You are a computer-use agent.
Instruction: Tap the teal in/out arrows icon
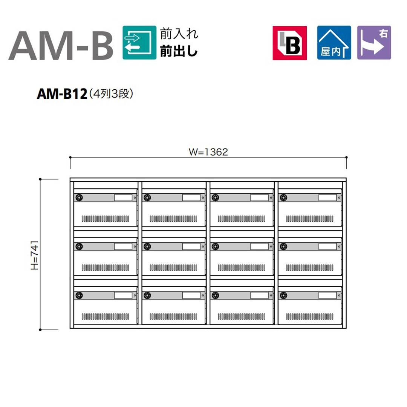tap(139, 43)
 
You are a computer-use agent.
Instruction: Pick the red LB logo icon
tap(290, 43)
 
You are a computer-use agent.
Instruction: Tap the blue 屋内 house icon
tap(334, 43)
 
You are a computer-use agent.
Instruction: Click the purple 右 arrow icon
tap(374, 43)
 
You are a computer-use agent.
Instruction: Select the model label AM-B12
tap(62, 94)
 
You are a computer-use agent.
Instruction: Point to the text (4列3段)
tap(111, 94)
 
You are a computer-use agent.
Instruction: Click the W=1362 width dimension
tap(208, 152)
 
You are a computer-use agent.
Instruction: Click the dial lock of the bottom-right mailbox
tap(283, 295)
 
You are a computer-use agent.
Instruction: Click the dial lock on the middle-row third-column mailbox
tap(215, 246)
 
